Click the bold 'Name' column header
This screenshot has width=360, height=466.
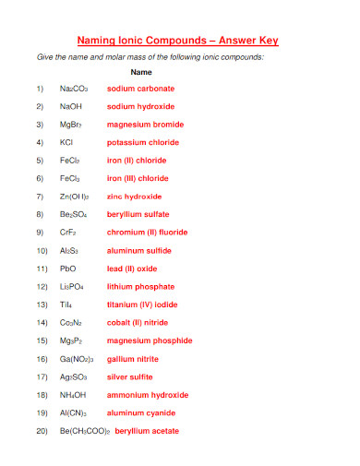tap(141, 71)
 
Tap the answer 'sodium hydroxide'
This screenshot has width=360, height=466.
tap(140, 106)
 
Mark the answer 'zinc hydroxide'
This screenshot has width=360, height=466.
tap(135, 197)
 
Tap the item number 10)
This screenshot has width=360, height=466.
tap(41, 250)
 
